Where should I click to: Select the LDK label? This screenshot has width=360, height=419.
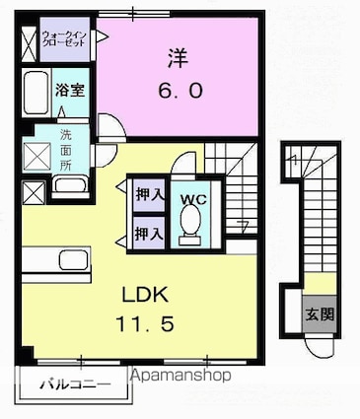pos(145,295)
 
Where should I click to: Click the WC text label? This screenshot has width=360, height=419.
pos(191,197)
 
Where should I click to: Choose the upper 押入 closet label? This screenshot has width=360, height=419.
pos(148,194)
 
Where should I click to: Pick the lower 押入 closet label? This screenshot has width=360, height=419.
pos(148,234)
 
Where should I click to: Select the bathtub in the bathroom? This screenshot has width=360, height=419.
pos(36,95)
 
